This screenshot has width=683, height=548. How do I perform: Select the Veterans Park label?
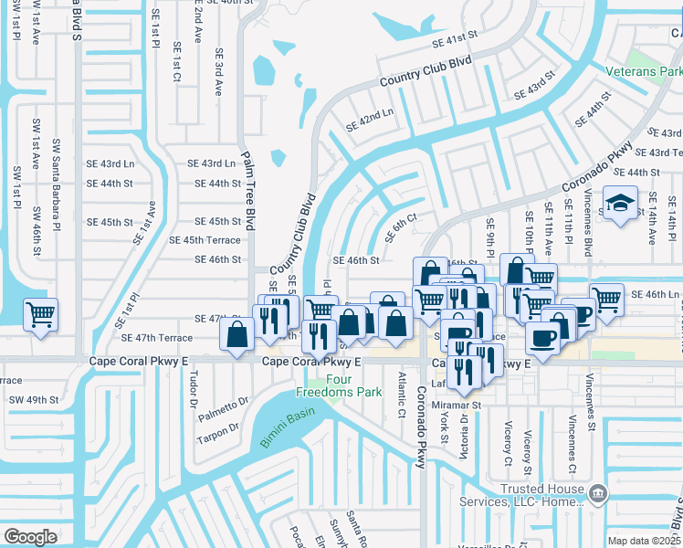point(644,70)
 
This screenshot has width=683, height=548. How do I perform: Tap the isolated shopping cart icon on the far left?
point(41,315)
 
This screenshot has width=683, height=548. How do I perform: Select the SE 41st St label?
point(455,40)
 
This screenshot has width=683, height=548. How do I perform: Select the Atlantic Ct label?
point(401,391)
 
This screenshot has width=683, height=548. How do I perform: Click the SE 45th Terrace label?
point(205,240)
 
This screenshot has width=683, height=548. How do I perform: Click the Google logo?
point(30,536)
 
